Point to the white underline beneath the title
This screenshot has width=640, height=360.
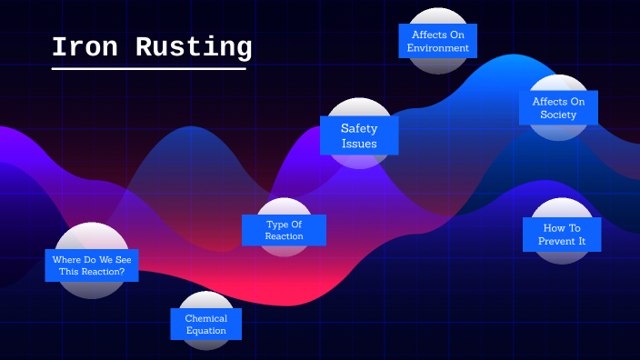pos(148,68)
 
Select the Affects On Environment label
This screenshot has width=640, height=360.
pos(438,41)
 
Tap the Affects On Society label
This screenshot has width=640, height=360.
pos(558,108)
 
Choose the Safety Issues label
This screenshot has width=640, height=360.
pos(358,135)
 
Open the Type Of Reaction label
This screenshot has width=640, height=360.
pos(284,230)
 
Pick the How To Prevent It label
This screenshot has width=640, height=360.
pos(562,235)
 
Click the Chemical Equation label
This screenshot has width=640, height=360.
pos(206,325)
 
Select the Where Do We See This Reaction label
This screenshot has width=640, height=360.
pos(92,265)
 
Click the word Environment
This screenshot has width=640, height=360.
pos(438,48)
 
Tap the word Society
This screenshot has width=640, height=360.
pos(558,115)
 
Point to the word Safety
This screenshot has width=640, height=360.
pos(359,128)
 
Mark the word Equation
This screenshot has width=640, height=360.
pos(206,331)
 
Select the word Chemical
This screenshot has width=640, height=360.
pos(206,318)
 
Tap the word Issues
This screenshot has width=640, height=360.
pos(359,144)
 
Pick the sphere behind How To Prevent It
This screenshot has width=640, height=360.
pos(562,207)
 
